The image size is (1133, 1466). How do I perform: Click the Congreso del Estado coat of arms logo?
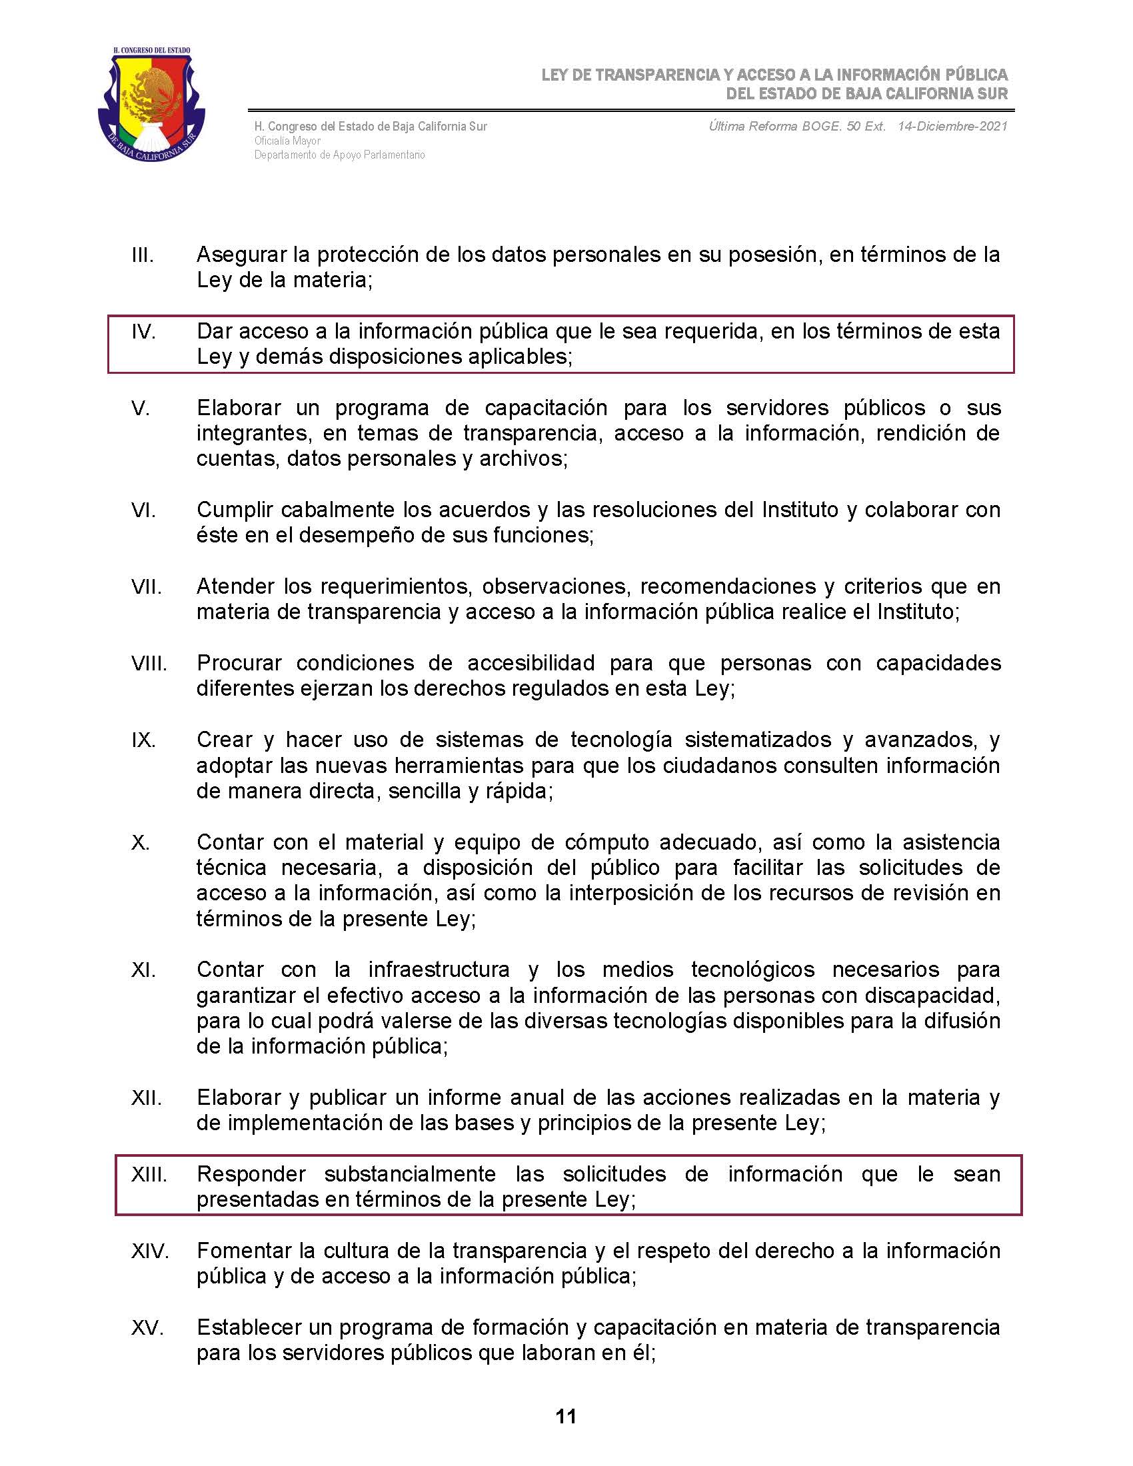click(152, 104)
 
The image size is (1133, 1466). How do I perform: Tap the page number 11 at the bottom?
click(566, 1417)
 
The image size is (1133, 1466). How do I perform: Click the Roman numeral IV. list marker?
click(144, 332)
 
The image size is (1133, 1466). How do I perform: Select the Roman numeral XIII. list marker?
click(149, 1175)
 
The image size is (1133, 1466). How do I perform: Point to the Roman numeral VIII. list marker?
click(149, 663)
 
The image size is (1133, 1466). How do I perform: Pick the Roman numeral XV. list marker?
click(148, 1327)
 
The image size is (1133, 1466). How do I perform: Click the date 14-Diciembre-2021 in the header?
click(952, 126)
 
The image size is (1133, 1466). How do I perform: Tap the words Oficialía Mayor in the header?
click(287, 141)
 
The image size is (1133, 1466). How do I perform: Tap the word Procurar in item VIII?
click(239, 663)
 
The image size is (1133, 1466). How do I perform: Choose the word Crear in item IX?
click(224, 740)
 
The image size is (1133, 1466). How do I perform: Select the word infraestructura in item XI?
click(439, 970)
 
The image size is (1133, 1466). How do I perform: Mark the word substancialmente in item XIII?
click(410, 1175)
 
